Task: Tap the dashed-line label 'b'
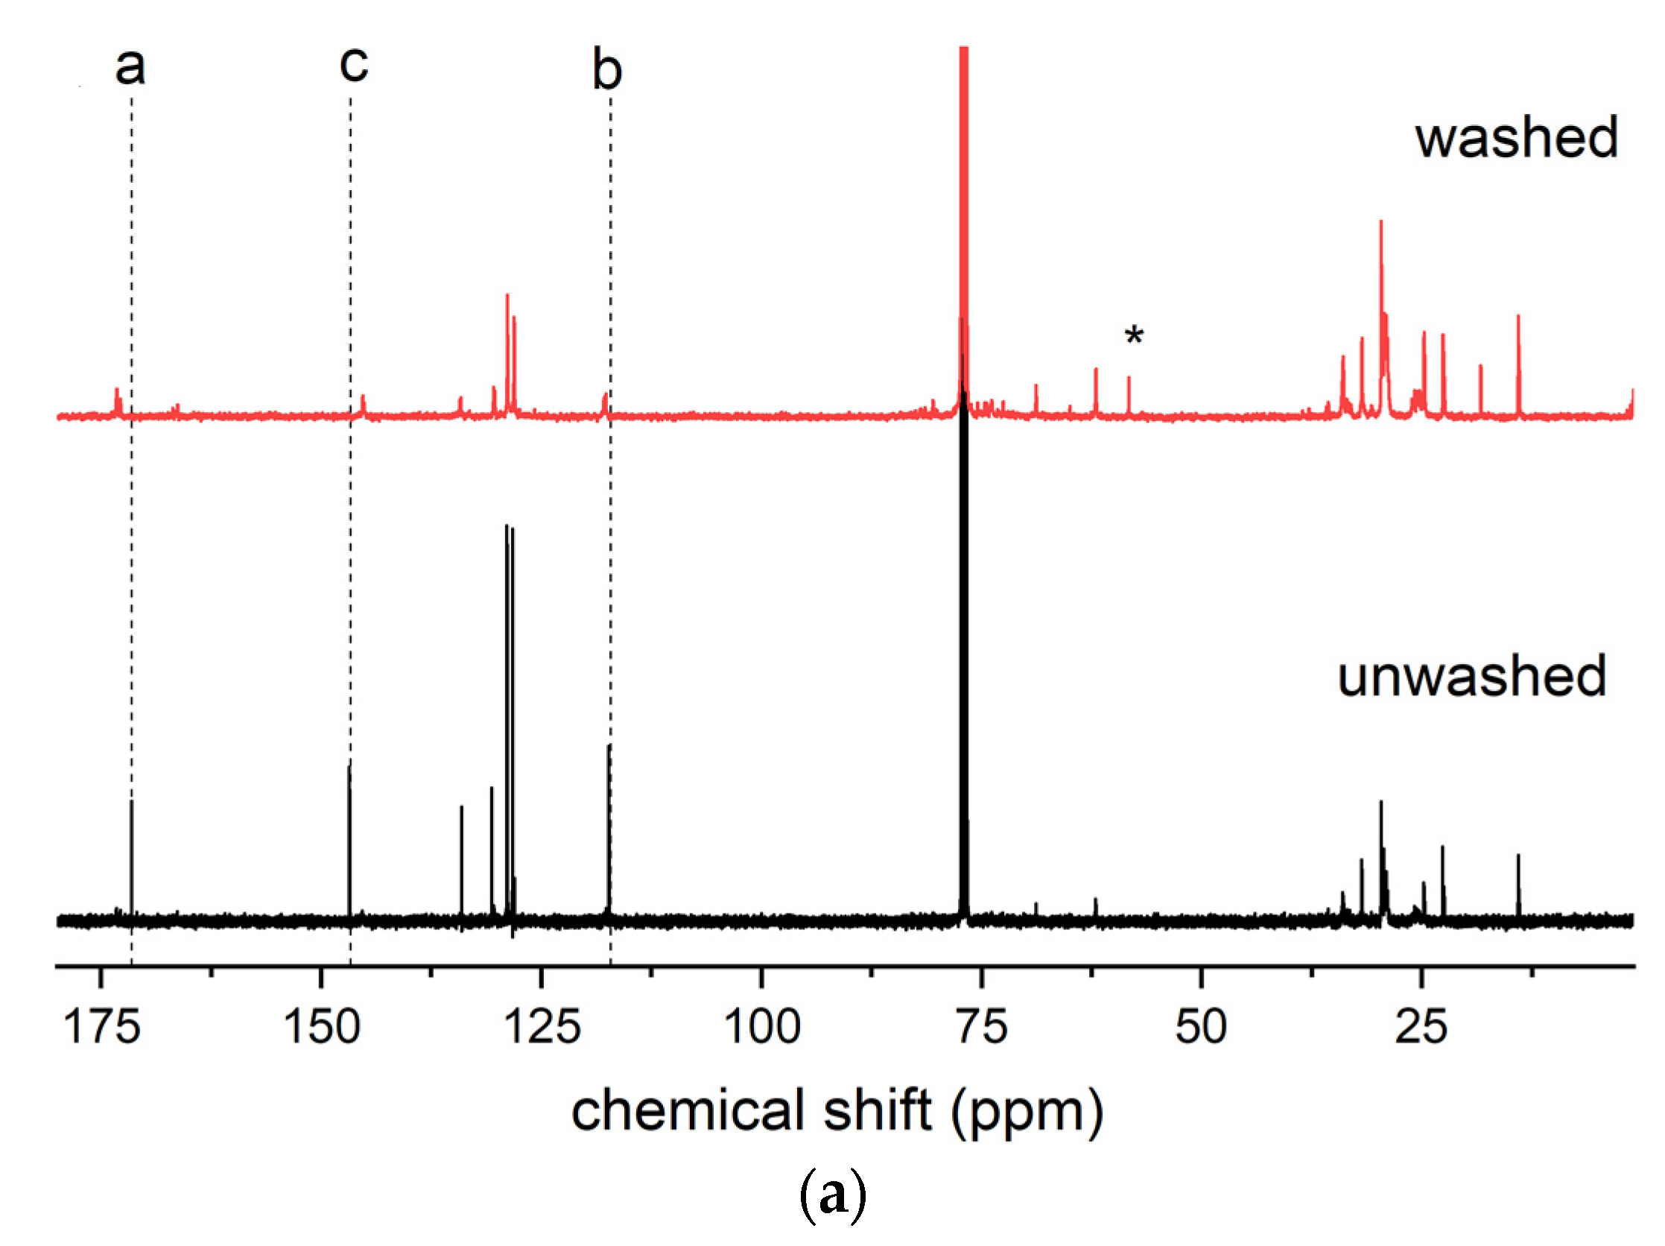pyautogui.click(x=606, y=69)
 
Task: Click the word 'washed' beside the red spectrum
pyautogui.click(x=1516, y=138)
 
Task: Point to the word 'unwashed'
pyautogui.click(x=1471, y=676)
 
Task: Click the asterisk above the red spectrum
pyautogui.click(x=1134, y=336)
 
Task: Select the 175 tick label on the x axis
pyautogui.click(x=101, y=1026)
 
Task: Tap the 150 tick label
pyautogui.click(x=321, y=1026)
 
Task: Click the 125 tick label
pyautogui.click(x=542, y=1026)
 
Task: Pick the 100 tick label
pyautogui.click(x=762, y=1026)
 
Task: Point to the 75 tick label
pyautogui.click(x=982, y=1026)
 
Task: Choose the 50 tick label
pyautogui.click(x=1202, y=1026)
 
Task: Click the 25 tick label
pyautogui.click(x=1421, y=1026)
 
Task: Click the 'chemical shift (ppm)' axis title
pyautogui.click(x=837, y=1110)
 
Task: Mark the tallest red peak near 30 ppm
pyautogui.click(x=1380, y=226)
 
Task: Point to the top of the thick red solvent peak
pyautogui.click(x=963, y=53)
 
